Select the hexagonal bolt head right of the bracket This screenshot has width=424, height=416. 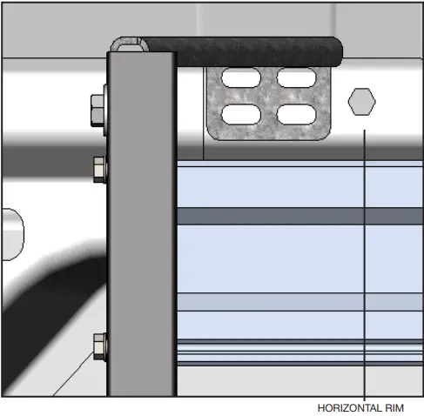[x=361, y=102]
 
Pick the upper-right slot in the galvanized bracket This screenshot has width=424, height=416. [x=295, y=78]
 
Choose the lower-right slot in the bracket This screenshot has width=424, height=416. [x=295, y=114]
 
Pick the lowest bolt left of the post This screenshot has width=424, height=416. [x=99, y=346]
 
